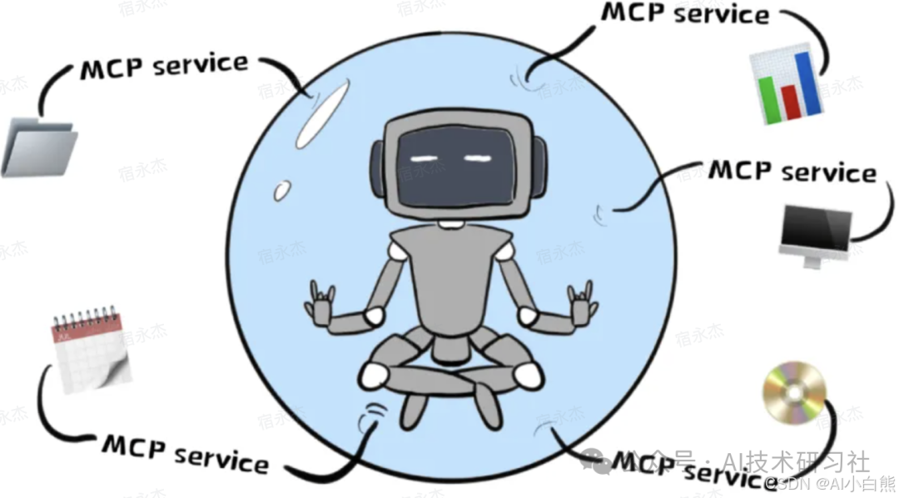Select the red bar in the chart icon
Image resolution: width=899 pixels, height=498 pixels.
(788, 100)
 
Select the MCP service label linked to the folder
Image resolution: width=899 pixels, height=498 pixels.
(164, 66)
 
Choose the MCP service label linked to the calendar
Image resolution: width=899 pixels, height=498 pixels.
(185, 453)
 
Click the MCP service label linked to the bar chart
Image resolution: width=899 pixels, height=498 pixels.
(684, 13)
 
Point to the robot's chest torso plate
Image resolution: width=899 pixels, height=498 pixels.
(450, 279)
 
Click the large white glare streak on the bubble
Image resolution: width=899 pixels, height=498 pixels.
(321, 117)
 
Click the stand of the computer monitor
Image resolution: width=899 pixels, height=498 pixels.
(812, 260)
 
